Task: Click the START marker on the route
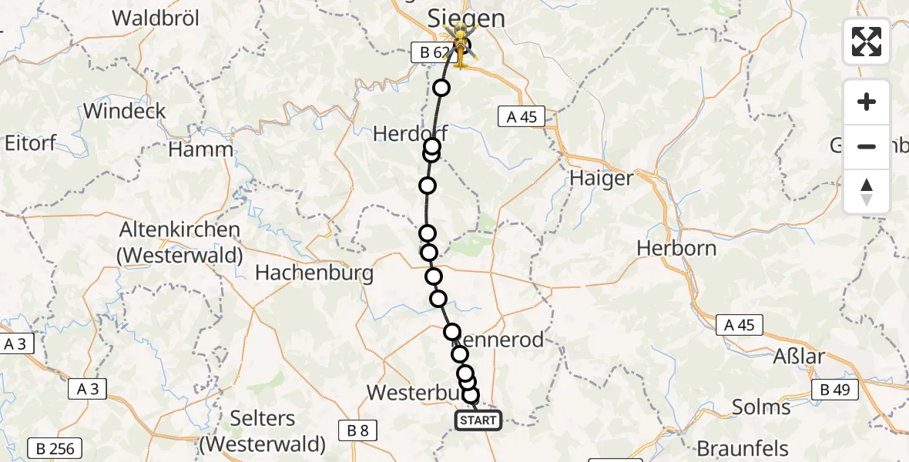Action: coord(478,420)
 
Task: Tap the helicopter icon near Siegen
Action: coord(461,44)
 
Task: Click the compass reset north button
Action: coord(867,192)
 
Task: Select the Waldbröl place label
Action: coord(156,18)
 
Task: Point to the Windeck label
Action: coord(124,111)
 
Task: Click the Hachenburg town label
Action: coord(314,273)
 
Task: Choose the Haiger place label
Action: coord(601,179)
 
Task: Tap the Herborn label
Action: coord(676,249)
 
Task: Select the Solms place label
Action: coord(761,407)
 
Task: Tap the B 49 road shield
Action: coord(834,390)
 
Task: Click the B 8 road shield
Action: coord(357,430)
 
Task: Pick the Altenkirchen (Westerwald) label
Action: coord(180,241)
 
